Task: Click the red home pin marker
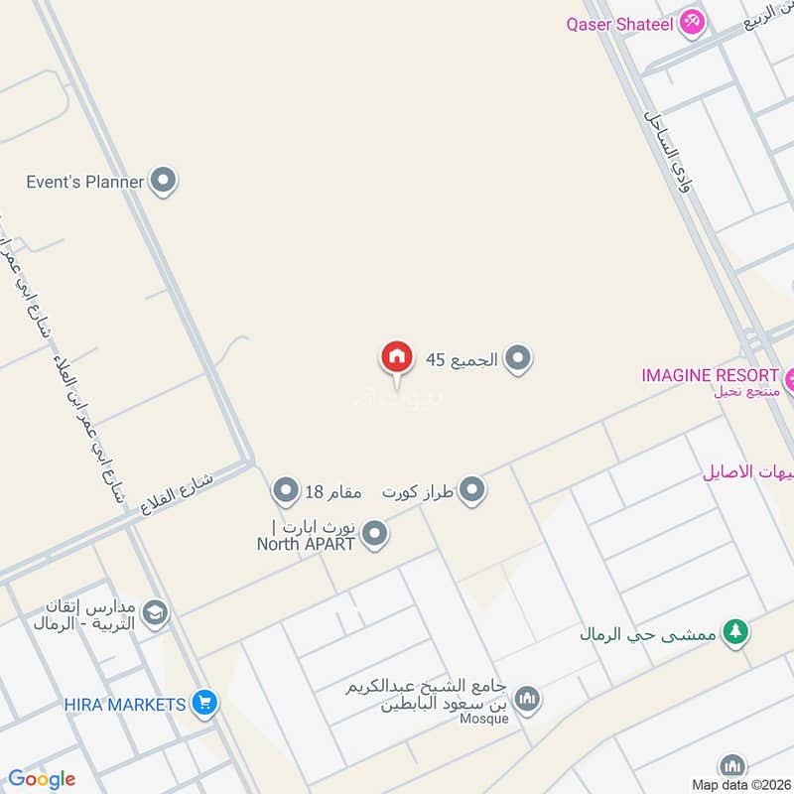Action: pos(395,358)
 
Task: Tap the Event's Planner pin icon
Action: pos(165,182)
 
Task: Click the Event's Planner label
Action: pos(85,182)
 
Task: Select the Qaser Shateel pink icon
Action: pos(692,23)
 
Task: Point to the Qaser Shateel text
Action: pos(620,23)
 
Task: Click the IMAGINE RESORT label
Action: pos(710,375)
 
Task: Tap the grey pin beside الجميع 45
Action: pos(516,359)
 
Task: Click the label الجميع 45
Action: pos(462,359)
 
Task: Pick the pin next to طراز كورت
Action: pos(472,490)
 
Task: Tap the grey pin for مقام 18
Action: pos(286,490)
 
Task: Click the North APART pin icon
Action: pos(374,535)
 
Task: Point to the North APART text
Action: pos(306,543)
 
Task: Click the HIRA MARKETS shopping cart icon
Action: pos(204,705)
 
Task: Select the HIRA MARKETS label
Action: pos(125,705)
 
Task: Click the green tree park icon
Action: pos(734,632)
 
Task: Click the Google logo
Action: pos(42,779)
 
